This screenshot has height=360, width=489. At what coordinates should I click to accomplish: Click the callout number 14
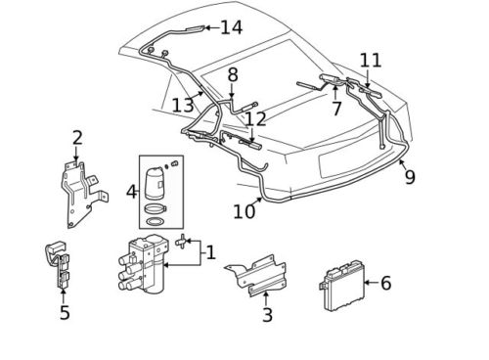232,27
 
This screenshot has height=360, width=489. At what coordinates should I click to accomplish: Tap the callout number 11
371,61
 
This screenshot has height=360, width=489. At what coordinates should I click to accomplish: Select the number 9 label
410,177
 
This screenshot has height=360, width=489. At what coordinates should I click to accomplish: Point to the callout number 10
244,211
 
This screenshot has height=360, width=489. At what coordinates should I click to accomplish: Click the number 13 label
183,106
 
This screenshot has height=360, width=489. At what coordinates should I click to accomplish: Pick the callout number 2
77,138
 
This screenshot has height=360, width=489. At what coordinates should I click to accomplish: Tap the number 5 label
65,312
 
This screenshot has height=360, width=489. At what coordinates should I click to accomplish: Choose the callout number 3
267,315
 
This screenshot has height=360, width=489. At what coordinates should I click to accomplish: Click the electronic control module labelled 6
341,286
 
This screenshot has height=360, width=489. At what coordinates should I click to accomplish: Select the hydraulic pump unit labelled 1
144,263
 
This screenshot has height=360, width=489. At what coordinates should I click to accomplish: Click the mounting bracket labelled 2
83,193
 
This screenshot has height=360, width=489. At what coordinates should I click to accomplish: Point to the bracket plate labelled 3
257,275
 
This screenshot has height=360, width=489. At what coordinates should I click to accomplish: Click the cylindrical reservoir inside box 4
155,183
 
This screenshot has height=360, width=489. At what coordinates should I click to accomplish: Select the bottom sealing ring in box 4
155,222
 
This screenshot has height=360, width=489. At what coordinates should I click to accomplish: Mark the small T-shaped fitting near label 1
181,242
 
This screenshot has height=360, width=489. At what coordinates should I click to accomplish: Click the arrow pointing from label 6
371,283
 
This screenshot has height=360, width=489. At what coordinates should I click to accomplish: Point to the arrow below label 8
232,91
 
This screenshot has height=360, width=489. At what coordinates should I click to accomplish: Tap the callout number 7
336,109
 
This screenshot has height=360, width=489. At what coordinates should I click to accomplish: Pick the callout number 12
255,119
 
